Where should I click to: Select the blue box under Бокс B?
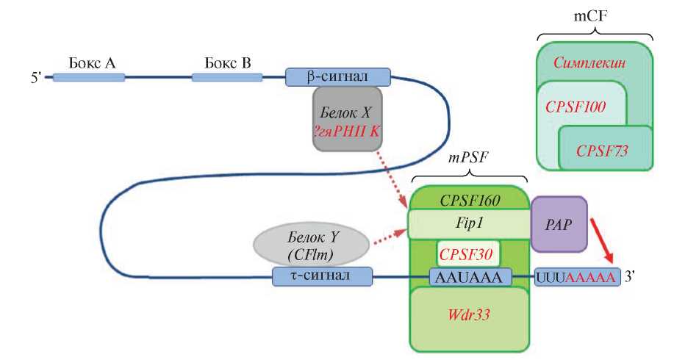(222, 76)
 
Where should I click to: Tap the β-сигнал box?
(338, 75)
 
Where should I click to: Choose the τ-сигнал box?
(323, 276)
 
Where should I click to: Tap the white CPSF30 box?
(469, 253)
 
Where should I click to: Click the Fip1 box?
(469, 223)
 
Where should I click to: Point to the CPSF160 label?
(469, 199)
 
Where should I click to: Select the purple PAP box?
(559, 223)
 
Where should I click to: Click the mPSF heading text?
(469, 157)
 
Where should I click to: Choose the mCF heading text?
(594, 15)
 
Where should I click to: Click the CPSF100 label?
(576, 107)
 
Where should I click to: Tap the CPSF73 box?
(606, 150)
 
